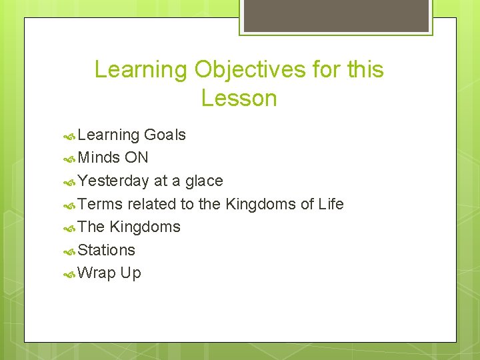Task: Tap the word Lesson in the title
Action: tap(239, 99)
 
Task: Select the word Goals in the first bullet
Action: tap(165, 135)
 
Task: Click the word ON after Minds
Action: tap(136, 158)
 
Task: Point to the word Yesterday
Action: tap(113, 181)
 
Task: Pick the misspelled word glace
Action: tap(204, 181)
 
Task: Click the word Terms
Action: tap(100, 204)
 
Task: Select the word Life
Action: tap(331, 204)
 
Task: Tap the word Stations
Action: tap(106, 250)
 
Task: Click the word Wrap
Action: tap(97, 273)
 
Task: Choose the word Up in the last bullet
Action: tap(131, 273)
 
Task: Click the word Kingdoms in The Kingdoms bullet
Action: tap(145, 227)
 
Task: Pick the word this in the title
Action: tap(365, 69)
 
